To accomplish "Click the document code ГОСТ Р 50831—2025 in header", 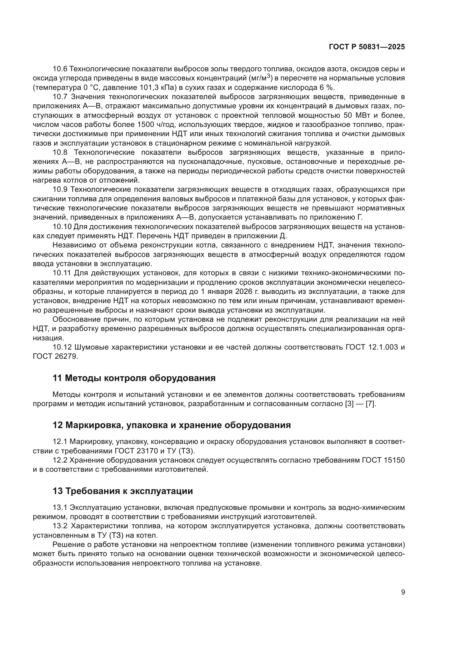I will [x=367, y=47].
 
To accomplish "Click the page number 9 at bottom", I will [x=403, y=592].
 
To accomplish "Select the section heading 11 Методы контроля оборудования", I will [x=134, y=378].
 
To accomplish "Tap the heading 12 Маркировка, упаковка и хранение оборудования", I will [x=172, y=425].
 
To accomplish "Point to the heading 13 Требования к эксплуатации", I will [x=123, y=491].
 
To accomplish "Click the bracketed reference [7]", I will [x=371, y=404].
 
